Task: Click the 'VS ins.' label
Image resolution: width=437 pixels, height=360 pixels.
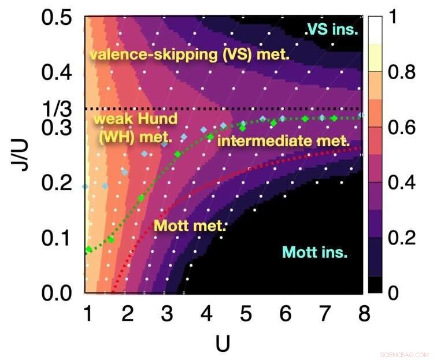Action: (332, 29)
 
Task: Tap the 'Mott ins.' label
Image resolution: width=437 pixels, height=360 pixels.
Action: (315, 252)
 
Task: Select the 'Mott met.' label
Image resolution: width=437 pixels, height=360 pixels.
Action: (188, 225)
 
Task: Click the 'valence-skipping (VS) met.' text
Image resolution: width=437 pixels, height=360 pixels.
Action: (188, 55)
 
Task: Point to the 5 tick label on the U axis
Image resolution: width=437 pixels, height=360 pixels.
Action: (245, 316)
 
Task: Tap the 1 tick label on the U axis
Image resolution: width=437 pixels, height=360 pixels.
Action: (88, 316)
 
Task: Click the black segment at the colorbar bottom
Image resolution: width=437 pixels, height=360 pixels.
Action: (374, 285)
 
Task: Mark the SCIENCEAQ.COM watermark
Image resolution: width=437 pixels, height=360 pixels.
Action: (405, 354)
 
